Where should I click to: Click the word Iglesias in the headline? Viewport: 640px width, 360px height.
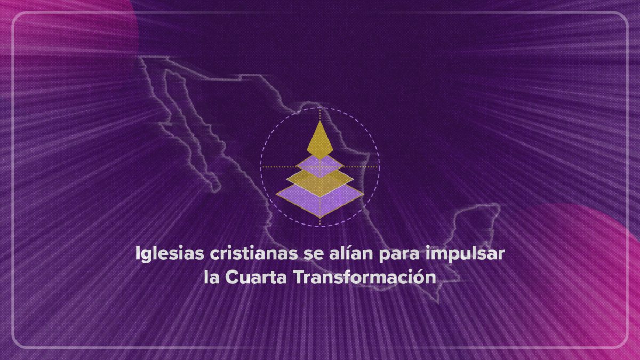tap(170, 254)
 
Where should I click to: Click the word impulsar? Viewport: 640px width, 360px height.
tap(465, 254)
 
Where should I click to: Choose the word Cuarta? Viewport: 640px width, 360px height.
tap(256, 277)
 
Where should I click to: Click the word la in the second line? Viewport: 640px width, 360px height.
tap(211, 277)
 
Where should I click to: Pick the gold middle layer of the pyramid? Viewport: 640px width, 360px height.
tap(320, 182)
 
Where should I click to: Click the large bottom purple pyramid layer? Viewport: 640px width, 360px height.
tap(320, 200)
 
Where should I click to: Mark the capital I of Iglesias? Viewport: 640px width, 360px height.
tap(138, 253)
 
